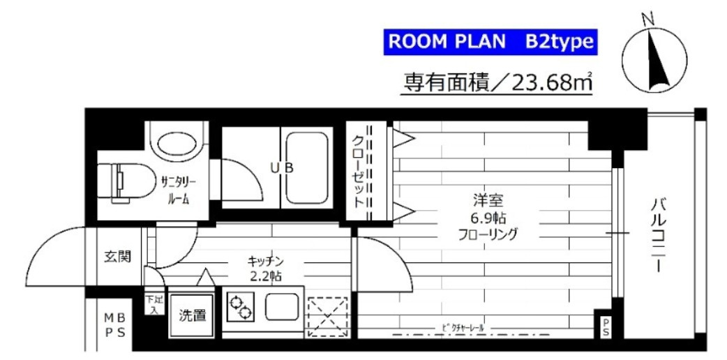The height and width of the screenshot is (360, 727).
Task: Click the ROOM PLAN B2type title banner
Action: point(489,41)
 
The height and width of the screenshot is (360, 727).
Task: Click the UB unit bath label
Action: point(282,167)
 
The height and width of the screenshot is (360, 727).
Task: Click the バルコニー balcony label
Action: point(658,234)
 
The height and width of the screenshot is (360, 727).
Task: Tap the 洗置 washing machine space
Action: point(193,315)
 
